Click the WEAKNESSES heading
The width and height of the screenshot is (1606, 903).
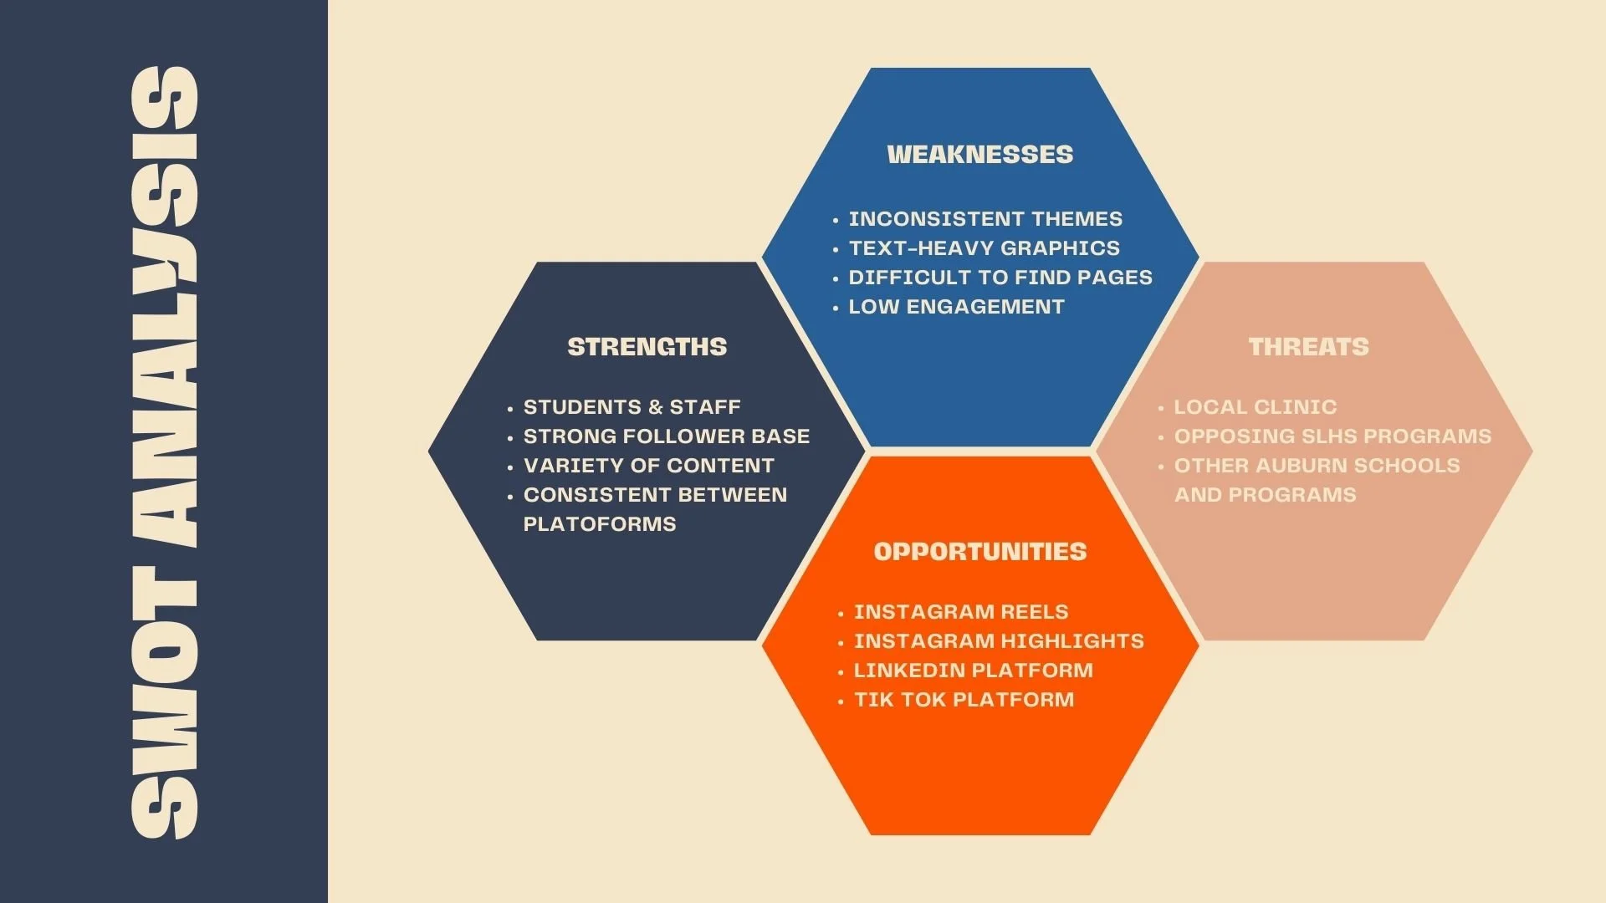pyautogui.click(x=979, y=155)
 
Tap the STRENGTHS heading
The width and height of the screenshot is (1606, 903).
pyautogui.click(x=647, y=347)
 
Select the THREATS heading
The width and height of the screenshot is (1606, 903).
pyautogui.click(x=1308, y=347)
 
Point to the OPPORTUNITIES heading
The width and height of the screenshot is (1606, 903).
pyautogui.click(x=979, y=552)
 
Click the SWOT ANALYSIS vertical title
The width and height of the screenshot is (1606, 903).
pyautogui.click(x=165, y=451)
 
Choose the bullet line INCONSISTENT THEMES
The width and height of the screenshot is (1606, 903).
pyautogui.click(x=985, y=219)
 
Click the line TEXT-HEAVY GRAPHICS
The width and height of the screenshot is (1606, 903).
pyautogui.click(x=984, y=248)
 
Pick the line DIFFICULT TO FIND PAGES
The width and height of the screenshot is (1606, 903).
pyautogui.click(x=1000, y=278)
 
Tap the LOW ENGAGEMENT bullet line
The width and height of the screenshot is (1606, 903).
pyautogui.click(x=956, y=307)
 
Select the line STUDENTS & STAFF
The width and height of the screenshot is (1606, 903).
pyautogui.click(x=632, y=407)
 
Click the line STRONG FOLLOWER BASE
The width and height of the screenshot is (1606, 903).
pyautogui.click(x=666, y=436)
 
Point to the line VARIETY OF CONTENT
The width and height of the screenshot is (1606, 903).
pyautogui.click(x=648, y=466)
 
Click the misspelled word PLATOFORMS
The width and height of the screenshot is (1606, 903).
pyautogui.click(x=599, y=524)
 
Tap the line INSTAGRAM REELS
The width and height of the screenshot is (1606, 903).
pyautogui.click(x=960, y=612)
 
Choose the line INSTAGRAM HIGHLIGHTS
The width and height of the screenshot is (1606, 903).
pyautogui.click(x=998, y=641)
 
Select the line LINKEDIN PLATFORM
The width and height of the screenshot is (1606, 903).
pyautogui.click(x=973, y=671)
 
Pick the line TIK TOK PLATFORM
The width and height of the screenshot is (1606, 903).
pyautogui.click(x=963, y=700)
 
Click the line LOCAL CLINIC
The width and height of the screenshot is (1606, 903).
pyautogui.click(x=1255, y=407)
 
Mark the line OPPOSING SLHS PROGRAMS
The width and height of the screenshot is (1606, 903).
pyautogui.click(x=1332, y=436)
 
